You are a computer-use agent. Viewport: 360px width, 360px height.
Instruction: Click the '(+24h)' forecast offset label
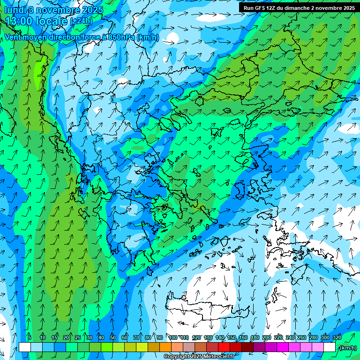click(x=82, y=22)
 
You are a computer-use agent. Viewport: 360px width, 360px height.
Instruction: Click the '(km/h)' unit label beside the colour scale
click(x=347, y=348)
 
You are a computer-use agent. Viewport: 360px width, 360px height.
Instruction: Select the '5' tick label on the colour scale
click(x=30, y=337)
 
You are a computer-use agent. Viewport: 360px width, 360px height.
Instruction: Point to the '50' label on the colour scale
click(x=113, y=337)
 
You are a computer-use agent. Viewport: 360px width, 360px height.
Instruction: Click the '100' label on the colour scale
click(x=173, y=337)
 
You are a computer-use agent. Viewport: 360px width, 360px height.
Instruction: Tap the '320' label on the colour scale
click(x=337, y=337)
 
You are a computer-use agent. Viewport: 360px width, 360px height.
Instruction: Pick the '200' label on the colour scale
click(x=267, y=337)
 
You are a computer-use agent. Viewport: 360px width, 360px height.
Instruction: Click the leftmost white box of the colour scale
click(x=25, y=347)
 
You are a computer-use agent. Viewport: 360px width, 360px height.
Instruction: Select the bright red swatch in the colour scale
click(x=224, y=347)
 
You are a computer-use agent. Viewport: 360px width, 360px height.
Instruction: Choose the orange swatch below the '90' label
click(x=165, y=347)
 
